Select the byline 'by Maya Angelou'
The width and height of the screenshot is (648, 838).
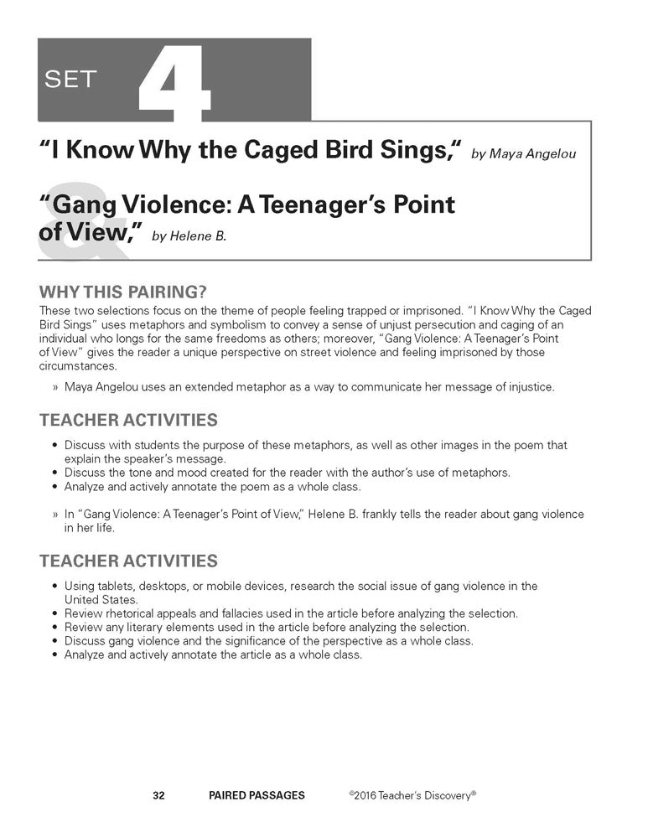523,154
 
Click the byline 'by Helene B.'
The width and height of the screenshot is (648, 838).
189,236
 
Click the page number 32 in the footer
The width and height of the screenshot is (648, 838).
158,795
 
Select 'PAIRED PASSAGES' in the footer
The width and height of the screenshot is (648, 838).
257,795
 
